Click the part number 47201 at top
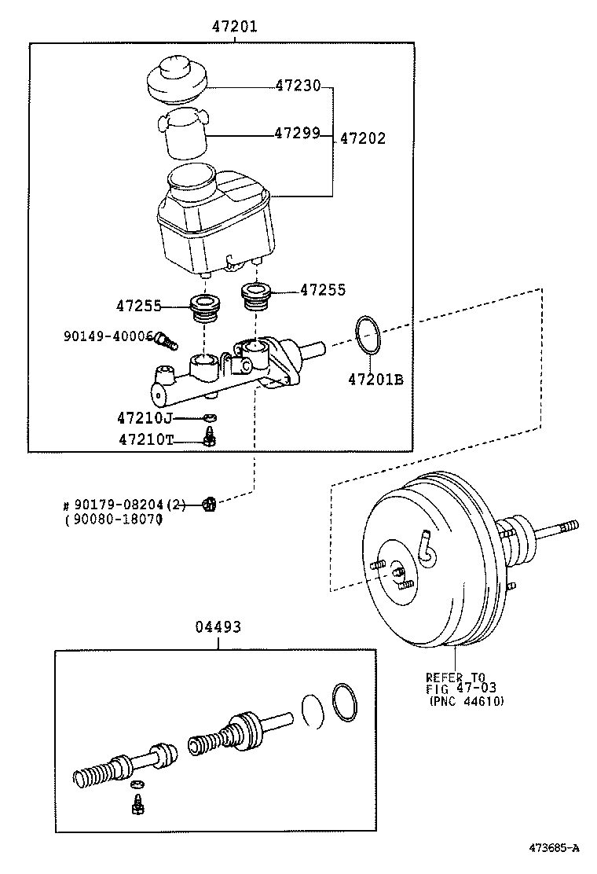pyautogui.click(x=233, y=27)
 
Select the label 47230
pyautogui.click(x=298, y=86)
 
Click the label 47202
pyautogui.click(x=363, y=139)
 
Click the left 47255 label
pyautogui.click(x=139, y=305)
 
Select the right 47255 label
pyautogui.click(x=323, y=290)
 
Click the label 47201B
pyautogui.click(x=375, y=380)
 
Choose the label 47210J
pyautogui.click(x=145, y=418)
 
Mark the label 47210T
pyautogui.click(x=145, y=440)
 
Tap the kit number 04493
pyautogui.click(x=218, y=627)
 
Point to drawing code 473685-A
pyautogui.click(x=553, y=847)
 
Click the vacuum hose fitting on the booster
pyautogui.click(x=427, y=549)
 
